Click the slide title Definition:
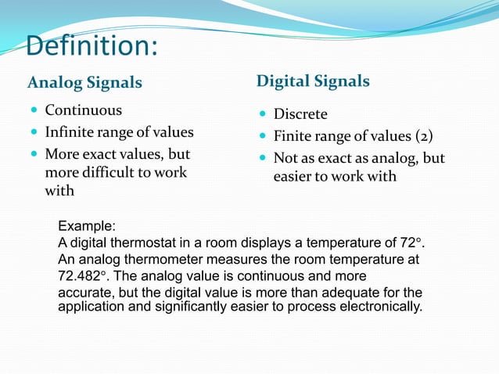pos(92,46)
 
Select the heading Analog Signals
pos(84,82)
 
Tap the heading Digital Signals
pos(313,81)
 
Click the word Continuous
pos(83,110)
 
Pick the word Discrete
pos(300,115)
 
